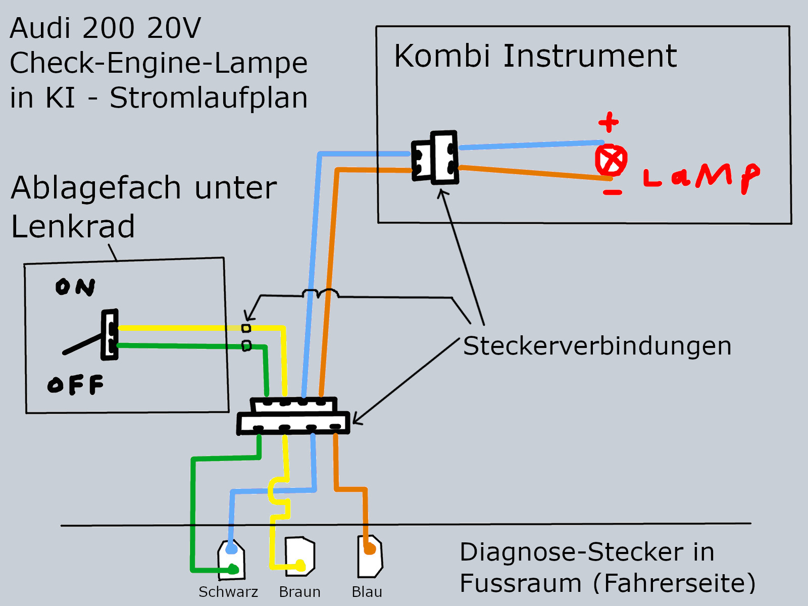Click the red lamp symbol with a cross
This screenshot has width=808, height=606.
(x=611, y=161)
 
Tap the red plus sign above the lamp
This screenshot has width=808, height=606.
(x=609, y=122)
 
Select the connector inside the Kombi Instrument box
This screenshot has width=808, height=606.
(x=435, y=158)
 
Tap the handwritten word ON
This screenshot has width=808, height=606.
(x=75, y=287)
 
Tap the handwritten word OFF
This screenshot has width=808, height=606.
(x=76, y=385)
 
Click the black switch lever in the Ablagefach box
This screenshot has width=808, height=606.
(x=83, y=343)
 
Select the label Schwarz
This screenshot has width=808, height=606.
(x=228, y=592)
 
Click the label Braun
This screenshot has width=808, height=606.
(x=299, y=592)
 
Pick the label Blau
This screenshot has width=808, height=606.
(x=367, y=592)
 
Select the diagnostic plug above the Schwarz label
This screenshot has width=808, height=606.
(x=231, y=560)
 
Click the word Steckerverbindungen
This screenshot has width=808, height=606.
(x=597, y=346)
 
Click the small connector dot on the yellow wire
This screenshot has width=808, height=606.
(x=246, y=328)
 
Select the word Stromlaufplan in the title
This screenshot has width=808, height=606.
(x=208, y=97)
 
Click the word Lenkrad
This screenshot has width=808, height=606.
(x=73, y=226)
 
